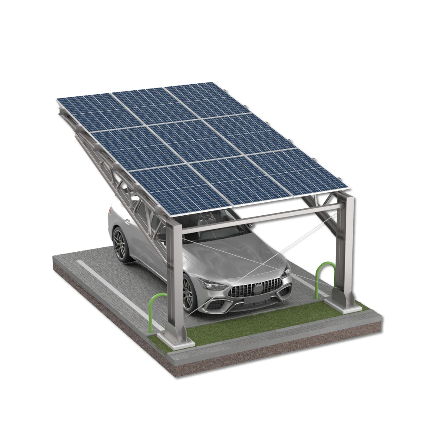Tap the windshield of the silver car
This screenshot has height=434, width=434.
coord(217,230)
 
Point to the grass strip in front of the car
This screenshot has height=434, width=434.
coord(260,321)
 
